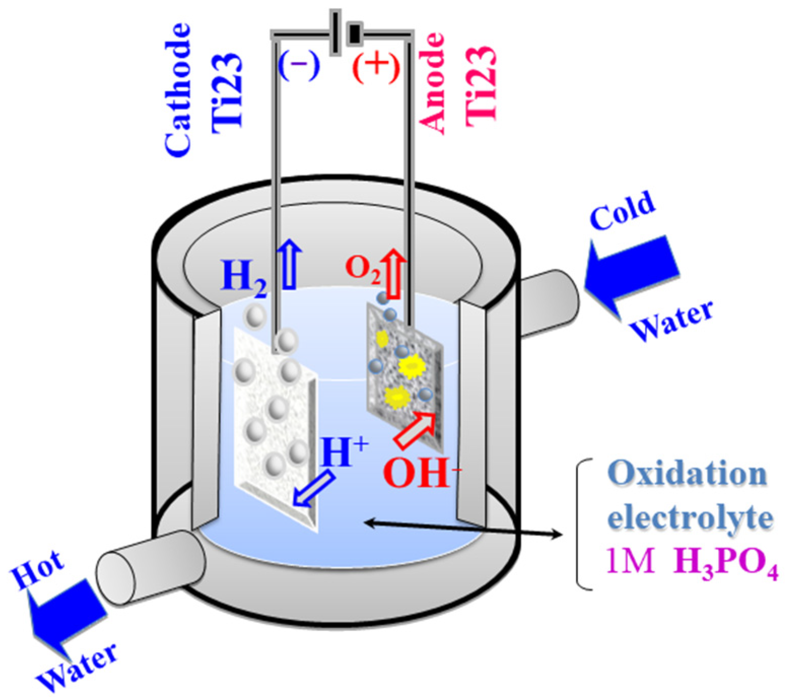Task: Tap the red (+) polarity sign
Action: click(376, 66)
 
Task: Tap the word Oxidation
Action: click(687, 474)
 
